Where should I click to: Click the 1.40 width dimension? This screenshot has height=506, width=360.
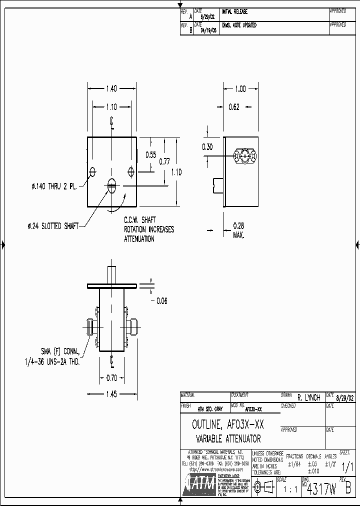point(111,89)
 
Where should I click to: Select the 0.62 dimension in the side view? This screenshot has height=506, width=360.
point(233,106)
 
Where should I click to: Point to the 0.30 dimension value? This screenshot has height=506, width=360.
point(207,146)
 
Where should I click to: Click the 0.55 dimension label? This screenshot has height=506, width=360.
point(151,155)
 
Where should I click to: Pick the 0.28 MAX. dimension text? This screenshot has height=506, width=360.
point(238,231)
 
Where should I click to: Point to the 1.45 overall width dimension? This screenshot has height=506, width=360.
point(111,394)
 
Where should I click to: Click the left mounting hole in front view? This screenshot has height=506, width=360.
point(92,172)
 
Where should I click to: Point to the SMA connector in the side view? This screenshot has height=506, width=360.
point(245,156)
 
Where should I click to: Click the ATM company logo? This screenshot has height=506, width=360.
point(199,485)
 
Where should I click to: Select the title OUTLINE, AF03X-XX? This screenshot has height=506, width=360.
point(228,425)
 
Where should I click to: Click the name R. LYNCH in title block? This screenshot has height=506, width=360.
point(308,398)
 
